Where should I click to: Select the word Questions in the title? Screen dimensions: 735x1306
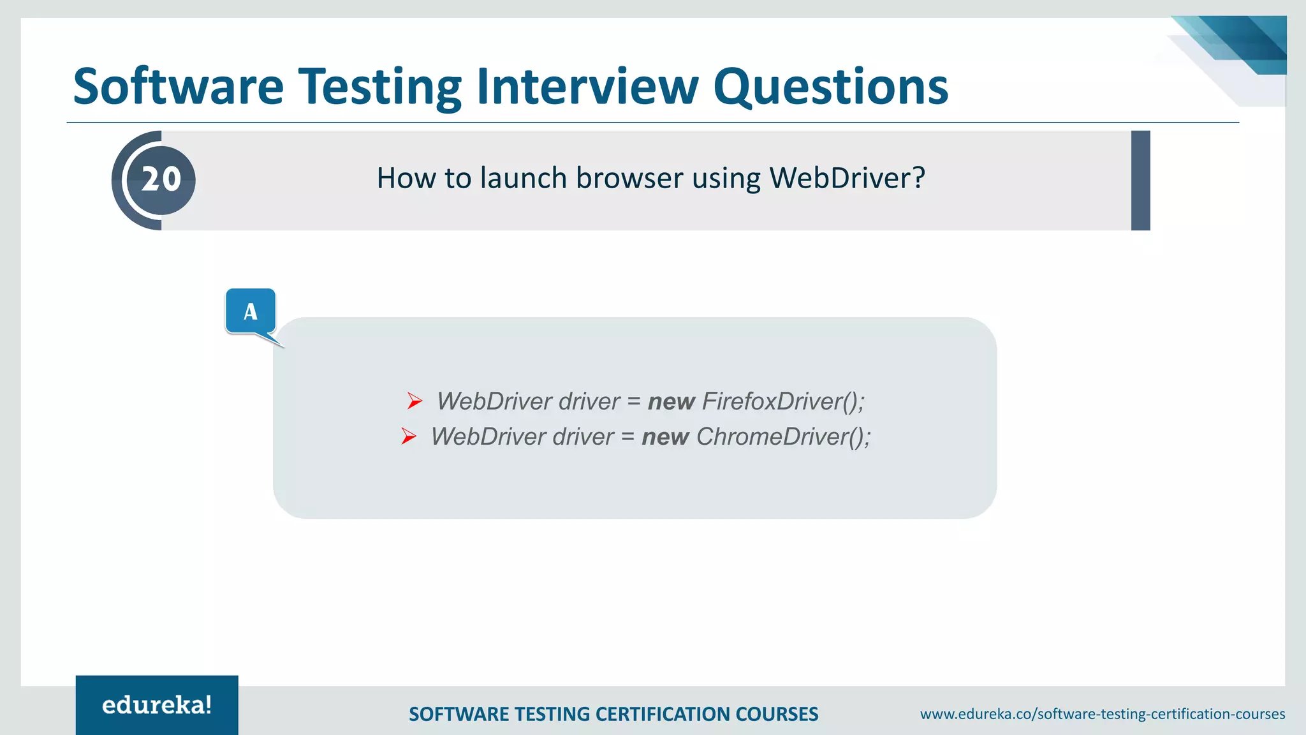(x=830, y=87)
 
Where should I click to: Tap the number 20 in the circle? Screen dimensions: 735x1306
(x=161, y=179)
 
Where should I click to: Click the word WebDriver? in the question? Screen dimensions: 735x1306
(x=847, y=178)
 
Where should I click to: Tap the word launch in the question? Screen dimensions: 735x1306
(x=523, y=178)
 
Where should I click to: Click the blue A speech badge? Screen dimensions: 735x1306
(x=251, y=311)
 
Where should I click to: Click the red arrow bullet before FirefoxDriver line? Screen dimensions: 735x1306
(x=415, y=401)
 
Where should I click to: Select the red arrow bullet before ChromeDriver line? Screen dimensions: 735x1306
(x=409, y=436)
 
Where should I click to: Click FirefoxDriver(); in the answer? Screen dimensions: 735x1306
(x=783, y=401)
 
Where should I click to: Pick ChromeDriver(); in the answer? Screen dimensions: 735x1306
(x=783, y=436)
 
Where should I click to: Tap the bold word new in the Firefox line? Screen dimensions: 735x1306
(x=671, y=402)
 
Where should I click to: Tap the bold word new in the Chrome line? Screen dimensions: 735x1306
(x=665, y=437)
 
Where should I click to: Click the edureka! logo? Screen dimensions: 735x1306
(x=157, y=705)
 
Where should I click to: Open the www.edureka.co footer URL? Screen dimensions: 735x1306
(x=1102, y=714)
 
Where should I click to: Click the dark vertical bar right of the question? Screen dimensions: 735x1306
(x=1140, y=181)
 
